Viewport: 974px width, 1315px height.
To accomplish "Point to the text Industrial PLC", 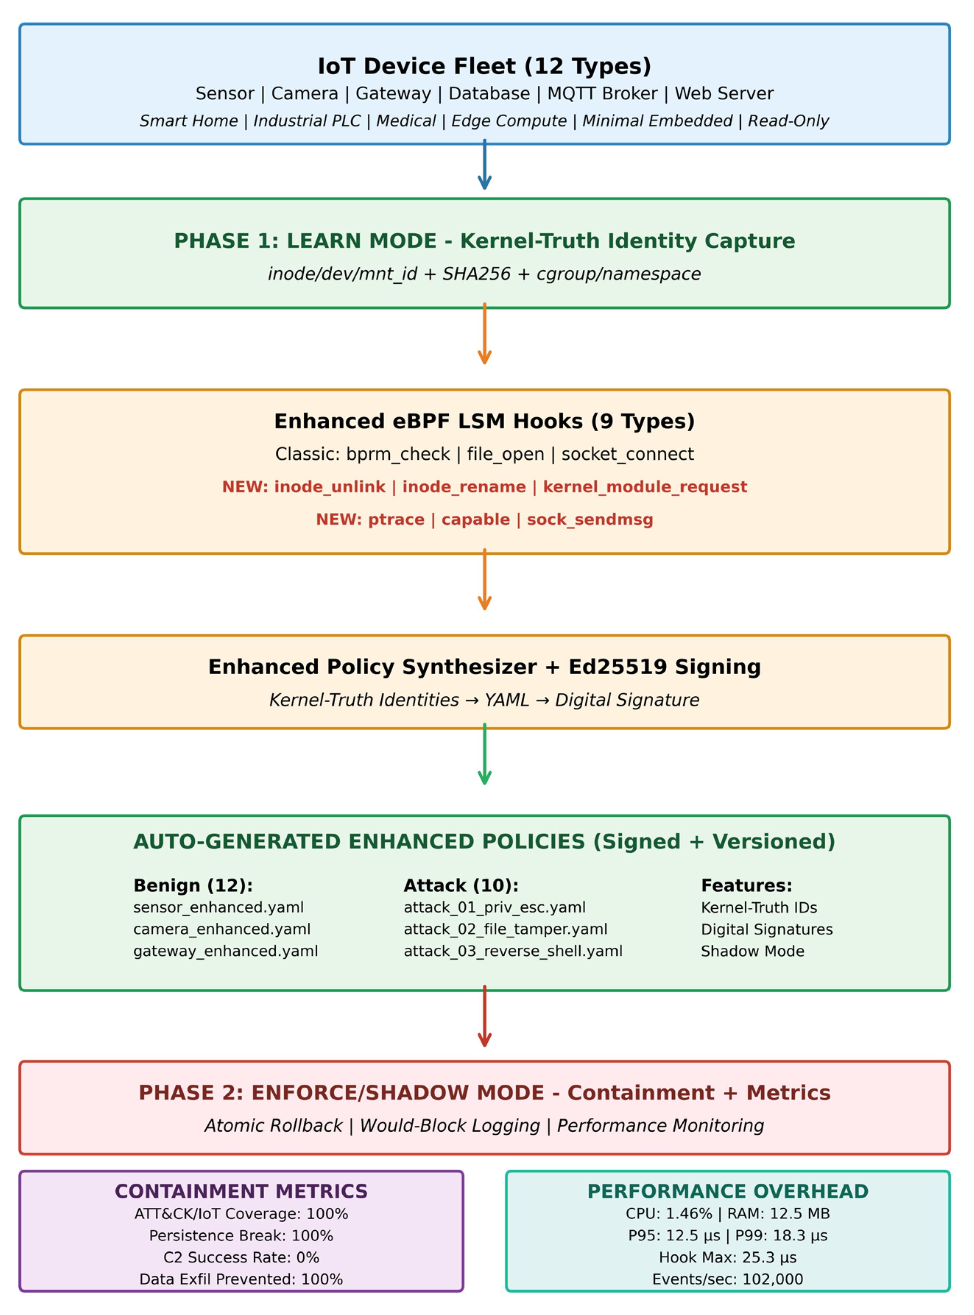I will (307, 121).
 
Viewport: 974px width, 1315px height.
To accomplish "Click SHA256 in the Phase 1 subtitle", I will (476, 274).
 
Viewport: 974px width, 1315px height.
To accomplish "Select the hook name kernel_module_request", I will (645, 487).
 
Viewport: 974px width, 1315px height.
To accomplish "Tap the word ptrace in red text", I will (396, 520).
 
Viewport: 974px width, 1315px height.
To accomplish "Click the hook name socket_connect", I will (627, 455).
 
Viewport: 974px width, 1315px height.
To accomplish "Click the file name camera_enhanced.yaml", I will (222, 930).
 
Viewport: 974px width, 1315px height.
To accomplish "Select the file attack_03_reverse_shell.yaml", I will (513, 951).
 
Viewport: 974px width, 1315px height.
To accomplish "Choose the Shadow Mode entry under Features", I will (752, 951).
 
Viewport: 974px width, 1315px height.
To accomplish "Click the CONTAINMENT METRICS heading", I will (241, 1191).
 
